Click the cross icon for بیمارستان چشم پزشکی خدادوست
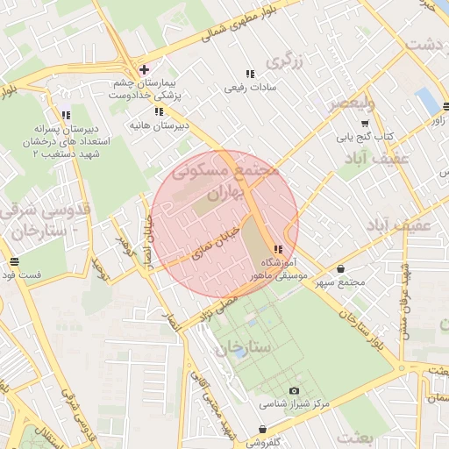[144, 69]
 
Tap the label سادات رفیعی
[250, 88]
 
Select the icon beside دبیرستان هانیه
[159, 111]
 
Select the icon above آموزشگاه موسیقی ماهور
[278, 250]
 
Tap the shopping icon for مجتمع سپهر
[340, 268]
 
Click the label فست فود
[23, 275]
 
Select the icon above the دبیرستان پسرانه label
[66, 115]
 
